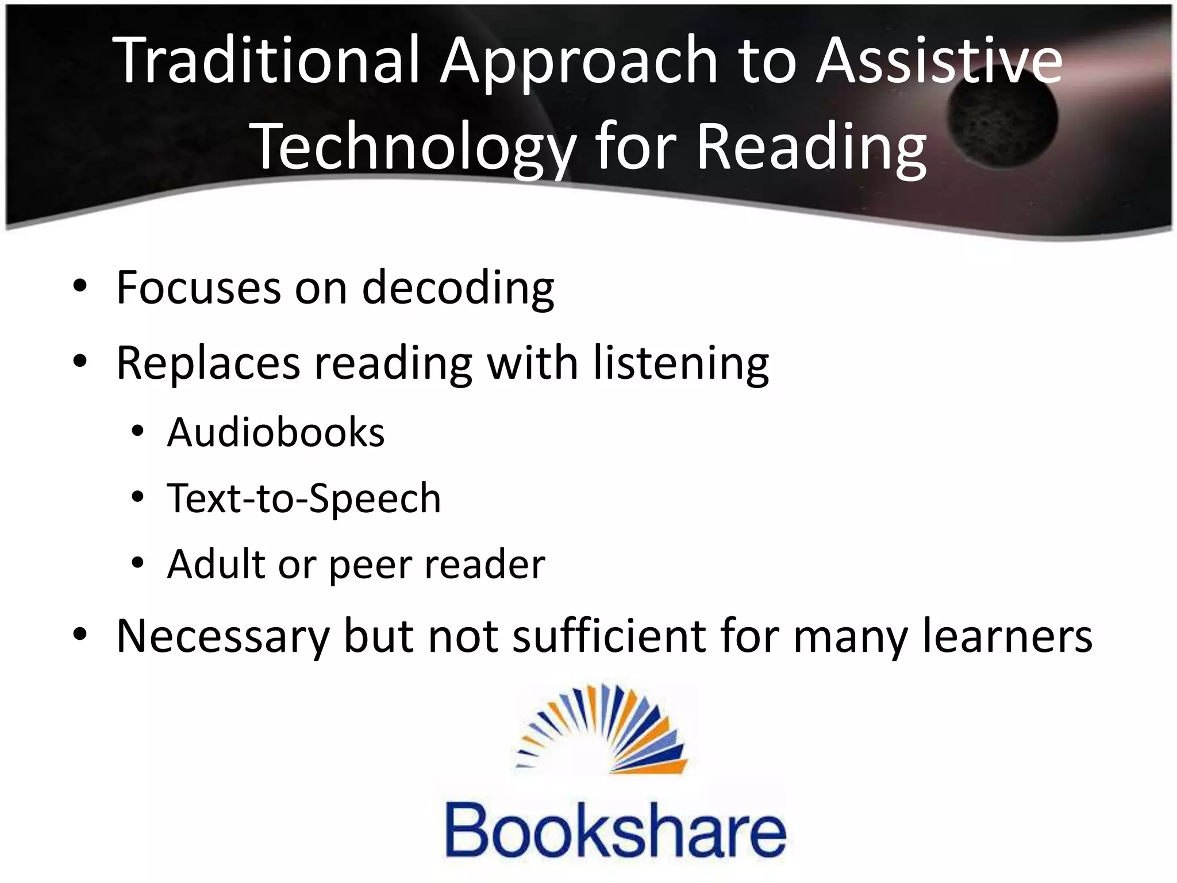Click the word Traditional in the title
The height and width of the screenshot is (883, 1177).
265,60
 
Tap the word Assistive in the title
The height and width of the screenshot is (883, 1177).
939,60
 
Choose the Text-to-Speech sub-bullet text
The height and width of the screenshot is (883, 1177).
304,498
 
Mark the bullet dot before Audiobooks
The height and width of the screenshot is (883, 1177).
137,432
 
